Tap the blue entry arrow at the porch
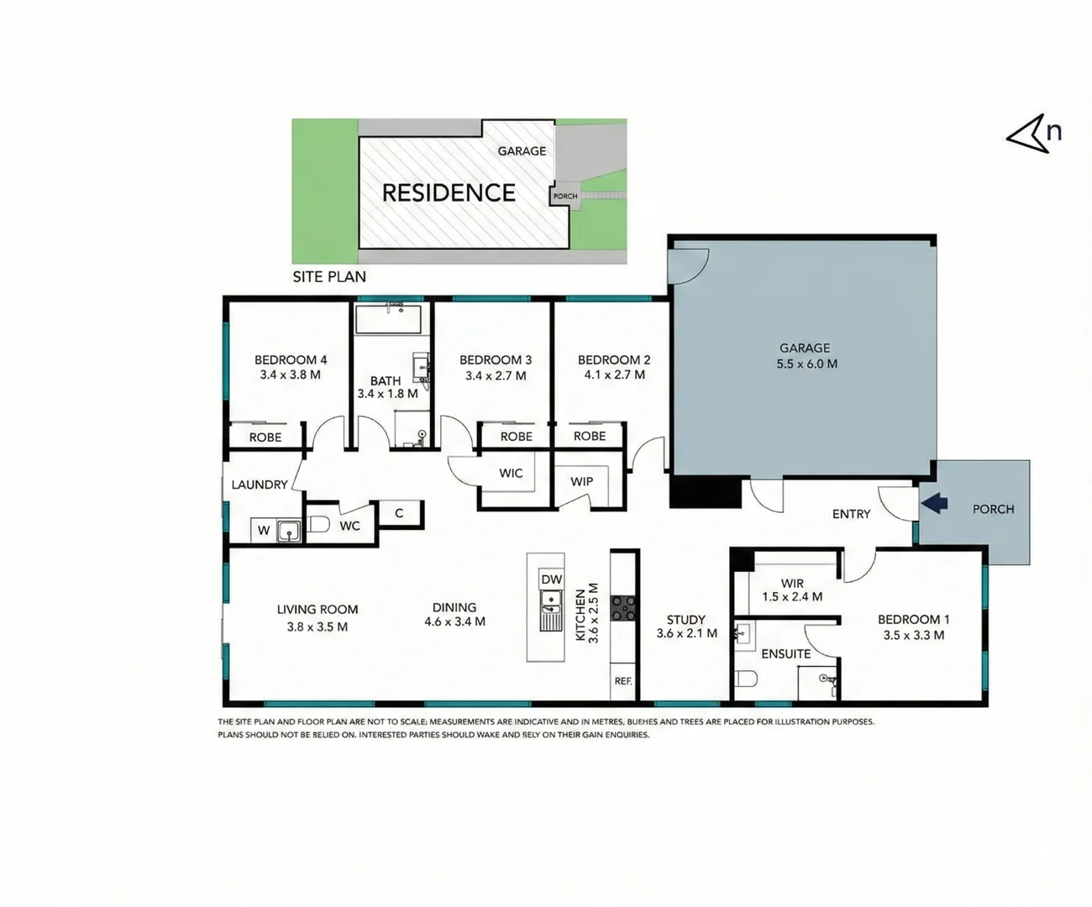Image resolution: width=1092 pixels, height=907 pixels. [x=935, y=503]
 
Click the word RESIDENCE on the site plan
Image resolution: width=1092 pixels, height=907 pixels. [x=449, y=193]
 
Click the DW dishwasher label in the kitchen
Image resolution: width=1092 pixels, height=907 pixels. [x=551, y=579]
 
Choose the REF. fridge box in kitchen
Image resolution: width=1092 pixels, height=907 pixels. [x=622, y=681]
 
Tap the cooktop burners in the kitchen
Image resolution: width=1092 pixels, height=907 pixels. [x=623, y=608]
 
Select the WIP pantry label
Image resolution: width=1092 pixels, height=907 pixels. [x=581, y=481]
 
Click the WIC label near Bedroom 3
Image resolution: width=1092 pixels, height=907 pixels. [x=511, y=473]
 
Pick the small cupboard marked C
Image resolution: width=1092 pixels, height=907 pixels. [x=399, y=513]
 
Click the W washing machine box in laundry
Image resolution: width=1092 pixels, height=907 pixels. [x=264, y=530]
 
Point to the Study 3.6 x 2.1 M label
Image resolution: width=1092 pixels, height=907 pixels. [x=686, y=627]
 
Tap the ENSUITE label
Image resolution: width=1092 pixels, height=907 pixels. [x=786, y=653]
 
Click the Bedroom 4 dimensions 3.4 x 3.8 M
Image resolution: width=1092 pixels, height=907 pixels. [x=290, y=375]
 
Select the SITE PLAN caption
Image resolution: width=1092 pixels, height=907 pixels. [x=329, y=276]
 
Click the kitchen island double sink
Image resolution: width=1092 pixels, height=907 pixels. [x=551, y=610]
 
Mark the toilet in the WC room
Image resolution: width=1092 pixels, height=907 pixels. [x=318, y=525]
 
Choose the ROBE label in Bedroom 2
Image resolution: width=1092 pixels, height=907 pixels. [x=590, y=436]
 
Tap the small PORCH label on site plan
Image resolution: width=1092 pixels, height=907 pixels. [x=564, y=196]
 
